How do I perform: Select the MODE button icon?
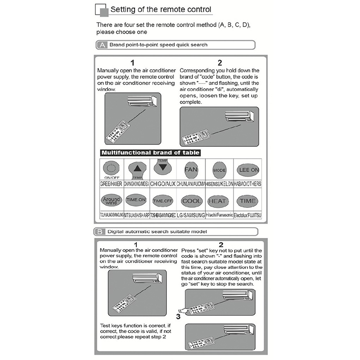pyautogui.click(x=219, y=170)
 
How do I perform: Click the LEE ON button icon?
pyautogui.click(x=247, y=170)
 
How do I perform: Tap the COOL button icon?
pyautogui.click(x=192, y=201)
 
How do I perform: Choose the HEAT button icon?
pyautogui.click(x=218, y=201)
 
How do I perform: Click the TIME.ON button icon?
pyautogui.click(x=136, y=200)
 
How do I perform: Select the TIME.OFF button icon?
pyautogui.click(x=163, y=201)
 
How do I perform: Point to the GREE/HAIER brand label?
pyautogui.click(x=111, y=184)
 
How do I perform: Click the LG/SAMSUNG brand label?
pyautogui.click(x=191, y=215)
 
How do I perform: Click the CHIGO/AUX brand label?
pyautogui.click(x=163, y=184)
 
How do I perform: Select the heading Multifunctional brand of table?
pyautogui.click(x=150, y=153)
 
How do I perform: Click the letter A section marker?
pyautogui.click(x=102, y=45)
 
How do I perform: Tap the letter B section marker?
pyautogui.click(x=100, y=232)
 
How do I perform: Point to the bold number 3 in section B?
pyautogui.click(x=178, y=316)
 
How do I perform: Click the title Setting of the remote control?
pyautogui.click(x=161, y=9)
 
